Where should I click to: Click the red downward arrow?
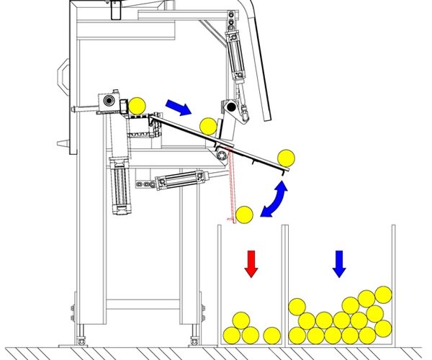(x=251, y=264)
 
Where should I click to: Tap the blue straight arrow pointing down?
(x=338, y=264)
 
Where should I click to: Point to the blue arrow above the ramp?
(x=178, y=107)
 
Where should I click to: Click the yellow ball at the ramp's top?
(x=137, y=105)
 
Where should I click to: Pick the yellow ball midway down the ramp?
(x=207, y=126)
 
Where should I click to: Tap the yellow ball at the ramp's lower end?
(x=286, y=158)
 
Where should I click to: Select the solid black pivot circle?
(x=231, y=107)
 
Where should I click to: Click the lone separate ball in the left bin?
(x=271, y=335)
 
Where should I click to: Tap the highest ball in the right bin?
(x=383, y=294)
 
